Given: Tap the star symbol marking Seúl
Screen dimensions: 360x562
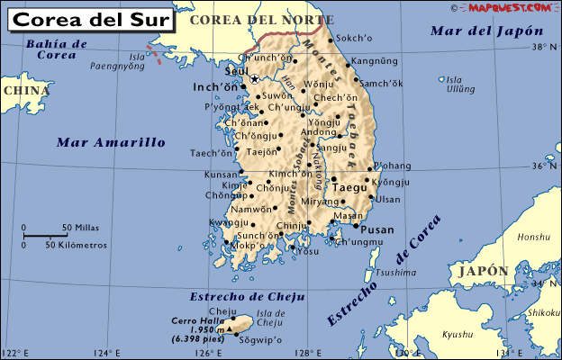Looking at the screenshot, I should [x=254, y=79].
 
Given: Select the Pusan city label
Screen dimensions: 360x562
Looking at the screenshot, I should [x=377, y=229].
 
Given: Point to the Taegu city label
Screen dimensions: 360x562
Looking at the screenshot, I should [x=350, y=188].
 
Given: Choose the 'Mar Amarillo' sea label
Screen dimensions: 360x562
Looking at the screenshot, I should [x=111, y=142].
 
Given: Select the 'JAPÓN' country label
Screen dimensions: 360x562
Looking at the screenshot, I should [x=483, y=271].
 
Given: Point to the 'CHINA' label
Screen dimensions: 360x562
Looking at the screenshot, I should [x=25, y=90].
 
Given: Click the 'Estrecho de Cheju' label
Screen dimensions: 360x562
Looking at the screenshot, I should [x=248, y=297].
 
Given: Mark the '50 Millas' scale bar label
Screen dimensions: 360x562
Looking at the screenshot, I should [x=80, y=227].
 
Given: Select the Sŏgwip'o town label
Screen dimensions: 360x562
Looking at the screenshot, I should [x=262, y=341].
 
